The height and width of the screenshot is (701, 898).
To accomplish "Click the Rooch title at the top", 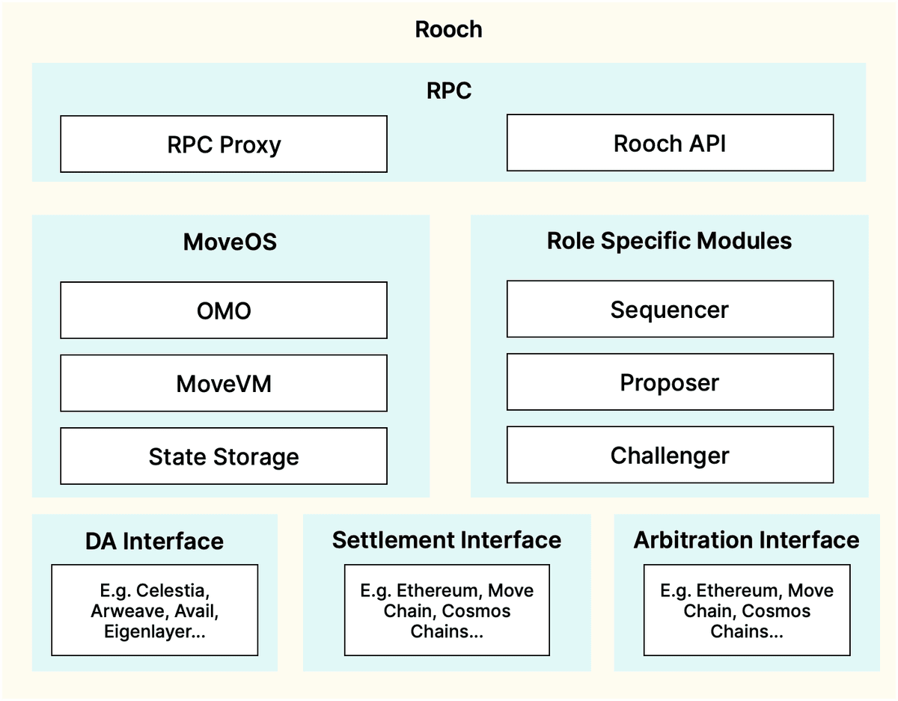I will [x=449, y=30].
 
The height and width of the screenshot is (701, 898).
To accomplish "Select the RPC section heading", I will [x=449, y=91].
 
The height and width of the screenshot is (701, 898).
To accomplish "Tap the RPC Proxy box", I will [x=224, y=144].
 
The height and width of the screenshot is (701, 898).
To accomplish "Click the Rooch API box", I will [x=670, y=143].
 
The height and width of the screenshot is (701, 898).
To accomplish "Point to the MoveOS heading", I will [x=230, y=242].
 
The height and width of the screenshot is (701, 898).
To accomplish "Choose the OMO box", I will [x=224, y=310].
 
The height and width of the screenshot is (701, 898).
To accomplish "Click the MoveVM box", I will [x=224, y=383].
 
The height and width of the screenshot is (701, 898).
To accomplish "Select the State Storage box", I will [x=224, y=456].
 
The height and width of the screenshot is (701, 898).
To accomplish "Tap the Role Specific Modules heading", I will [x=669, y=241].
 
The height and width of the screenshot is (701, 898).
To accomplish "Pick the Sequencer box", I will [x=670, y=310].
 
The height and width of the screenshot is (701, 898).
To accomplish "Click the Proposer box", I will [x=670, y=382].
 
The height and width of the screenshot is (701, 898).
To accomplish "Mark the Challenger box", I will [x=670, y=455].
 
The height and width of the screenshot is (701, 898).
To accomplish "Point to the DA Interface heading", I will [x=154, y=541].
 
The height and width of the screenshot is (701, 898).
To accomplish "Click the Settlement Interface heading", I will [x=447, y=540].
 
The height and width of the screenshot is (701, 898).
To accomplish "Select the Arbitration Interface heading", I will [x=746, y=540].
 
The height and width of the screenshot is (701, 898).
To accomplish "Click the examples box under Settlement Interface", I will [x=447, y=610].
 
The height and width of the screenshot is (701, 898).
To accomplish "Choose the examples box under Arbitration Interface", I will [x=746, y=610].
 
